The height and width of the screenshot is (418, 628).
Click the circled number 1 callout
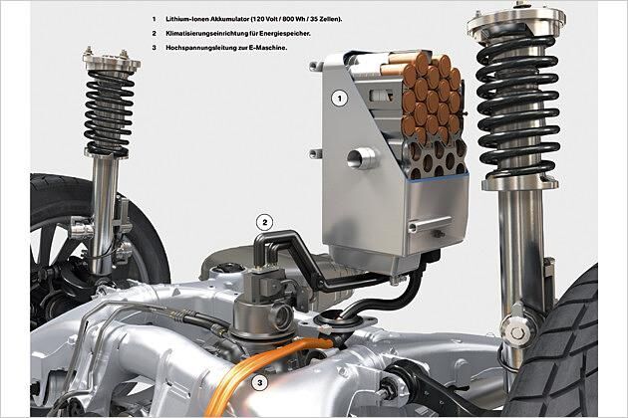pyautogui.click(x=340, y=98)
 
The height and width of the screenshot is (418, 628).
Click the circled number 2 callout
pyautogui.click(x=264, y=222)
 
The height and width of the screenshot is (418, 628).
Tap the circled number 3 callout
pyautogui.click(x=259, y=383)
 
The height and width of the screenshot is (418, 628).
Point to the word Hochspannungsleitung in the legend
pyautogui.click(x=194, y=48)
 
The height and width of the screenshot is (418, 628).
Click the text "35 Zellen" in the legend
pyautogui.click(x=328, y=19)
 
